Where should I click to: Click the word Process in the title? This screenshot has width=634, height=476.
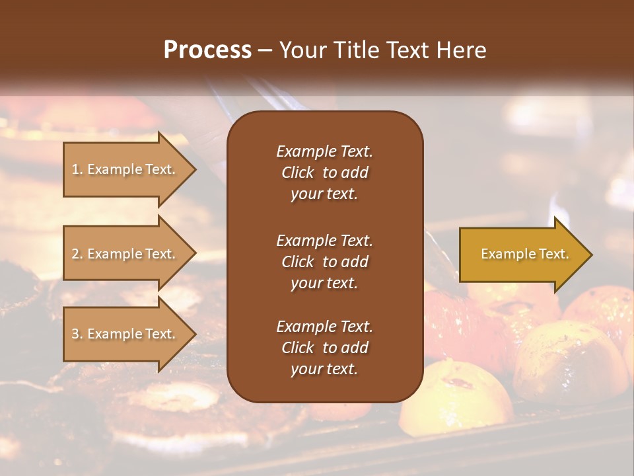point(207,50)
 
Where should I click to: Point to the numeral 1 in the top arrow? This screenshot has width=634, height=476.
point(75,170)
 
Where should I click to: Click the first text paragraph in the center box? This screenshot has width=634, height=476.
point(324,173)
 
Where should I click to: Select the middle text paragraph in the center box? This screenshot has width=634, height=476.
point(324,262)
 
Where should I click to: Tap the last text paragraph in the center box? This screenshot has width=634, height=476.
point(324,348)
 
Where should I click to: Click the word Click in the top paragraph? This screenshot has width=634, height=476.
point(297,173)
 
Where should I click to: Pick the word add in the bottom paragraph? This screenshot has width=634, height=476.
point(355,348)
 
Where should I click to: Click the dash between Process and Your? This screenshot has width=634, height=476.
point(265,51)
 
